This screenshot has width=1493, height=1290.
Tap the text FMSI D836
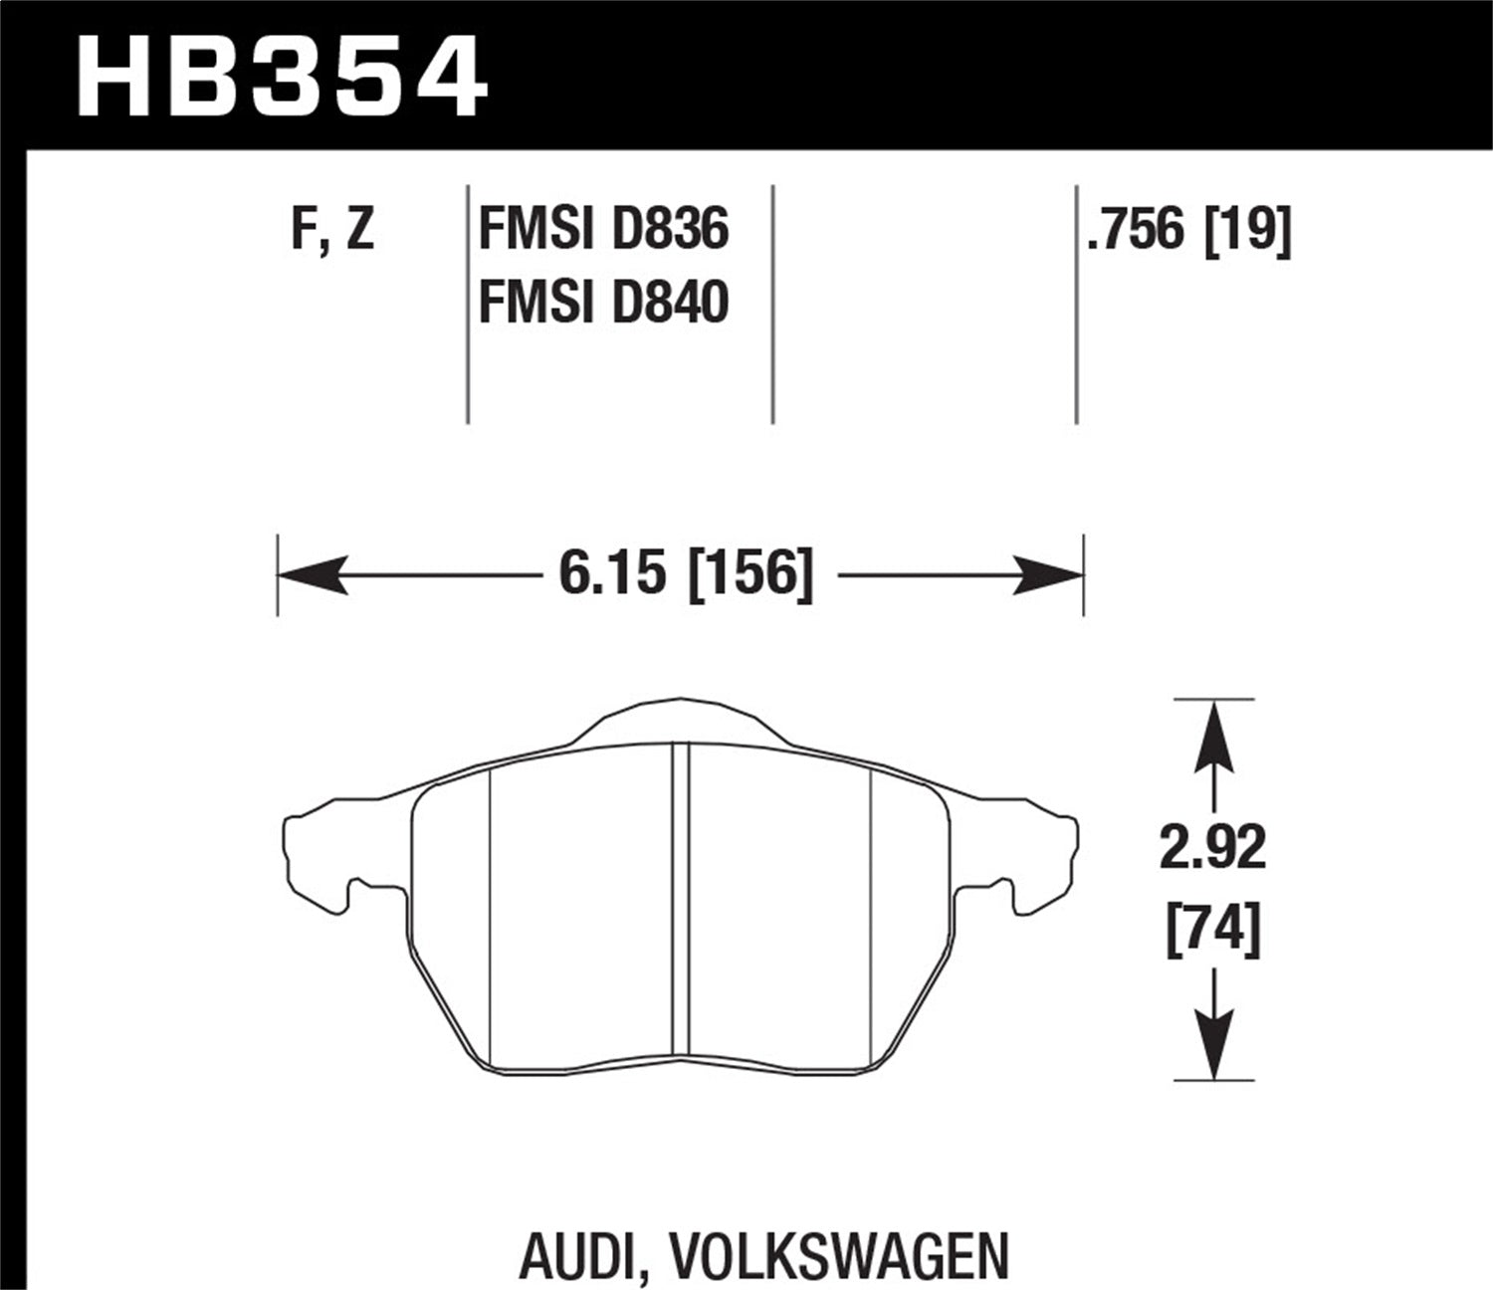pos(603,230)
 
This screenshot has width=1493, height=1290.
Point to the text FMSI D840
pos(603,303)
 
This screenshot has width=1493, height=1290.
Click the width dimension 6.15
pos(611,574)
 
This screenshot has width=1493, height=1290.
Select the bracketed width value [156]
pos(750,574)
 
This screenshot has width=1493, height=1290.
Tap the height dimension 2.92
pos(1212,849)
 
